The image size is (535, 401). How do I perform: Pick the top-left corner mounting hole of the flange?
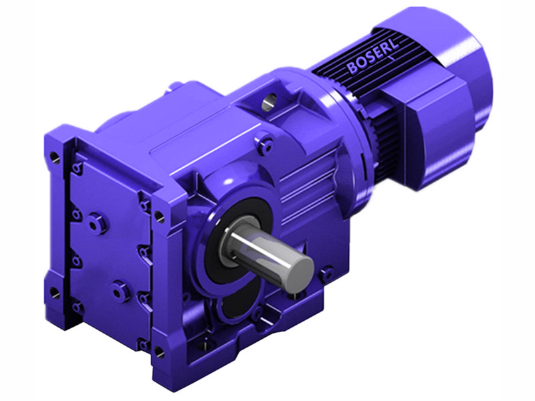click(55, 158)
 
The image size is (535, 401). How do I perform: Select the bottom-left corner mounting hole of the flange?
click(55, 292)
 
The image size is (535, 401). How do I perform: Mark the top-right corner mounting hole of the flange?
click(159, 215)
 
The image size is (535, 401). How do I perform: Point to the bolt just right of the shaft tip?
click(326, 273)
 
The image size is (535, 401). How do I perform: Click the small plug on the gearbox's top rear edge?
click(176, 85)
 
